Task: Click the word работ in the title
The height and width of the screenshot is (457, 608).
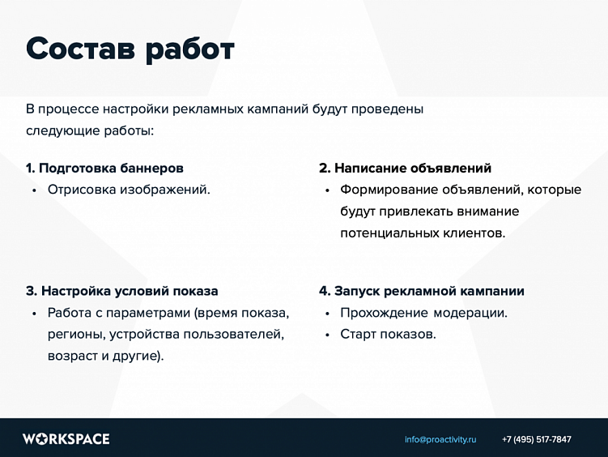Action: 190,49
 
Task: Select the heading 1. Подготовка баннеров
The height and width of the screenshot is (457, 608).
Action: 104,169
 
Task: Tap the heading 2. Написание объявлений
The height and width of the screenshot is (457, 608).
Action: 405,169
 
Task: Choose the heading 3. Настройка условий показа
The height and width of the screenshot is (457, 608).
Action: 121,291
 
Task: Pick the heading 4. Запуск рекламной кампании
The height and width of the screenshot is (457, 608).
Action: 421,291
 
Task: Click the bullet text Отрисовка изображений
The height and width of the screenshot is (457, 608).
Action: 129,190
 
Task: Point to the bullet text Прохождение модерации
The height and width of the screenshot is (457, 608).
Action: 423,313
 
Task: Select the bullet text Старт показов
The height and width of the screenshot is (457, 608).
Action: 388,334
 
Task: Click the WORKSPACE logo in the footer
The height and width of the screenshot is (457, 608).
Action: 66,439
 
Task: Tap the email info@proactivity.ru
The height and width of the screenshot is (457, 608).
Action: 440,439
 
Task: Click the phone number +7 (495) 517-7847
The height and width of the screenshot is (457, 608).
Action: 536,439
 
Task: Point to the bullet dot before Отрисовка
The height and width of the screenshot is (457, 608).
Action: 34,191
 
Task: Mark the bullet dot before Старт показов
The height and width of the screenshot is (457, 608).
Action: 327,335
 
